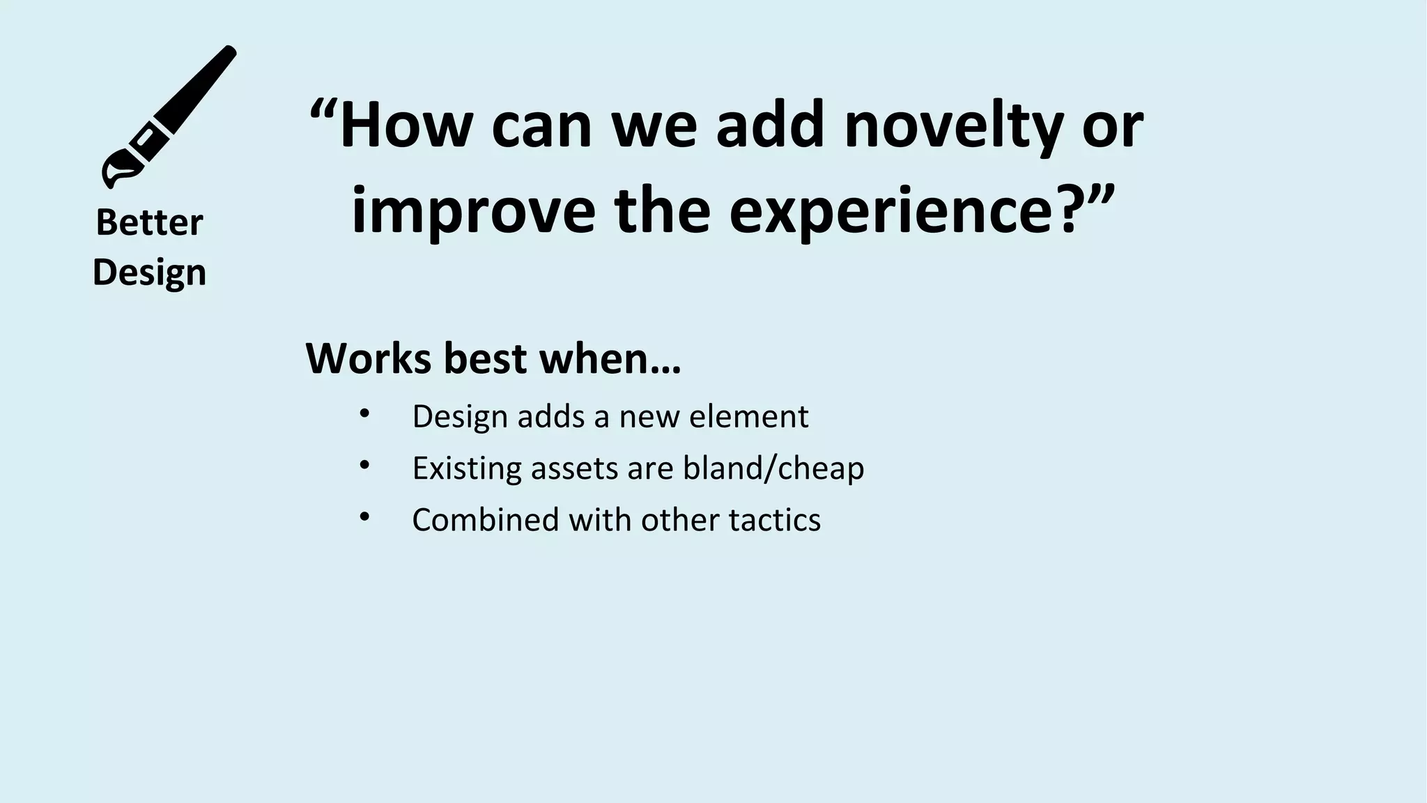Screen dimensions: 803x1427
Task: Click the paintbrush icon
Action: tap(169, 116)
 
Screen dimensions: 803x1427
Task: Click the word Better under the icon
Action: tap(149, 223)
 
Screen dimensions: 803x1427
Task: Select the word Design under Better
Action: tap(149, 273)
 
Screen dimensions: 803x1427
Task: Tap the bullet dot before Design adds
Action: tap(364, 413)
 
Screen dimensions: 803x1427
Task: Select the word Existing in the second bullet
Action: tap(466, 468)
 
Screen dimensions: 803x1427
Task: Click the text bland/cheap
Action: tap(773, 468)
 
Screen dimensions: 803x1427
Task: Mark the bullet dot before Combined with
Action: tap(364, 517)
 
